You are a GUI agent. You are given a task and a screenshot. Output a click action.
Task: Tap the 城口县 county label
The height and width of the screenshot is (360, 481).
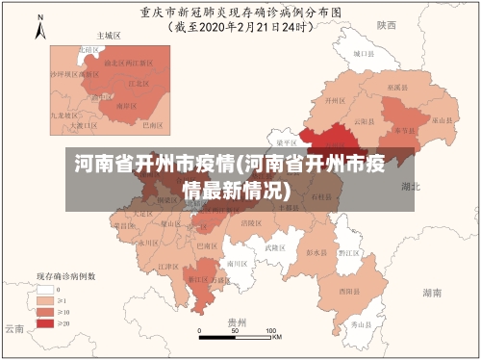tap(362, 55)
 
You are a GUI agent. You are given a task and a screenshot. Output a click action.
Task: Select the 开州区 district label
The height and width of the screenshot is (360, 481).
tap(336, 100)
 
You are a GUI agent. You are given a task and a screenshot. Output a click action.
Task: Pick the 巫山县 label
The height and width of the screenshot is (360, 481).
tap(442, 120)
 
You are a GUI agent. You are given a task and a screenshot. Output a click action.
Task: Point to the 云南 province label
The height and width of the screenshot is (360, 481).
tap(13, 328)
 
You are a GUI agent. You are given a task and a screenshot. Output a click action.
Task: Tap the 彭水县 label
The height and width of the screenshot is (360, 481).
tap(316, 252)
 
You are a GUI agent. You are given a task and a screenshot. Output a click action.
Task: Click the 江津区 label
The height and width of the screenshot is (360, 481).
tap(168, 267)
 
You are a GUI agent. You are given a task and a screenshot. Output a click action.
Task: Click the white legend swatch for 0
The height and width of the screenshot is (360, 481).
tap(44, 287)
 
